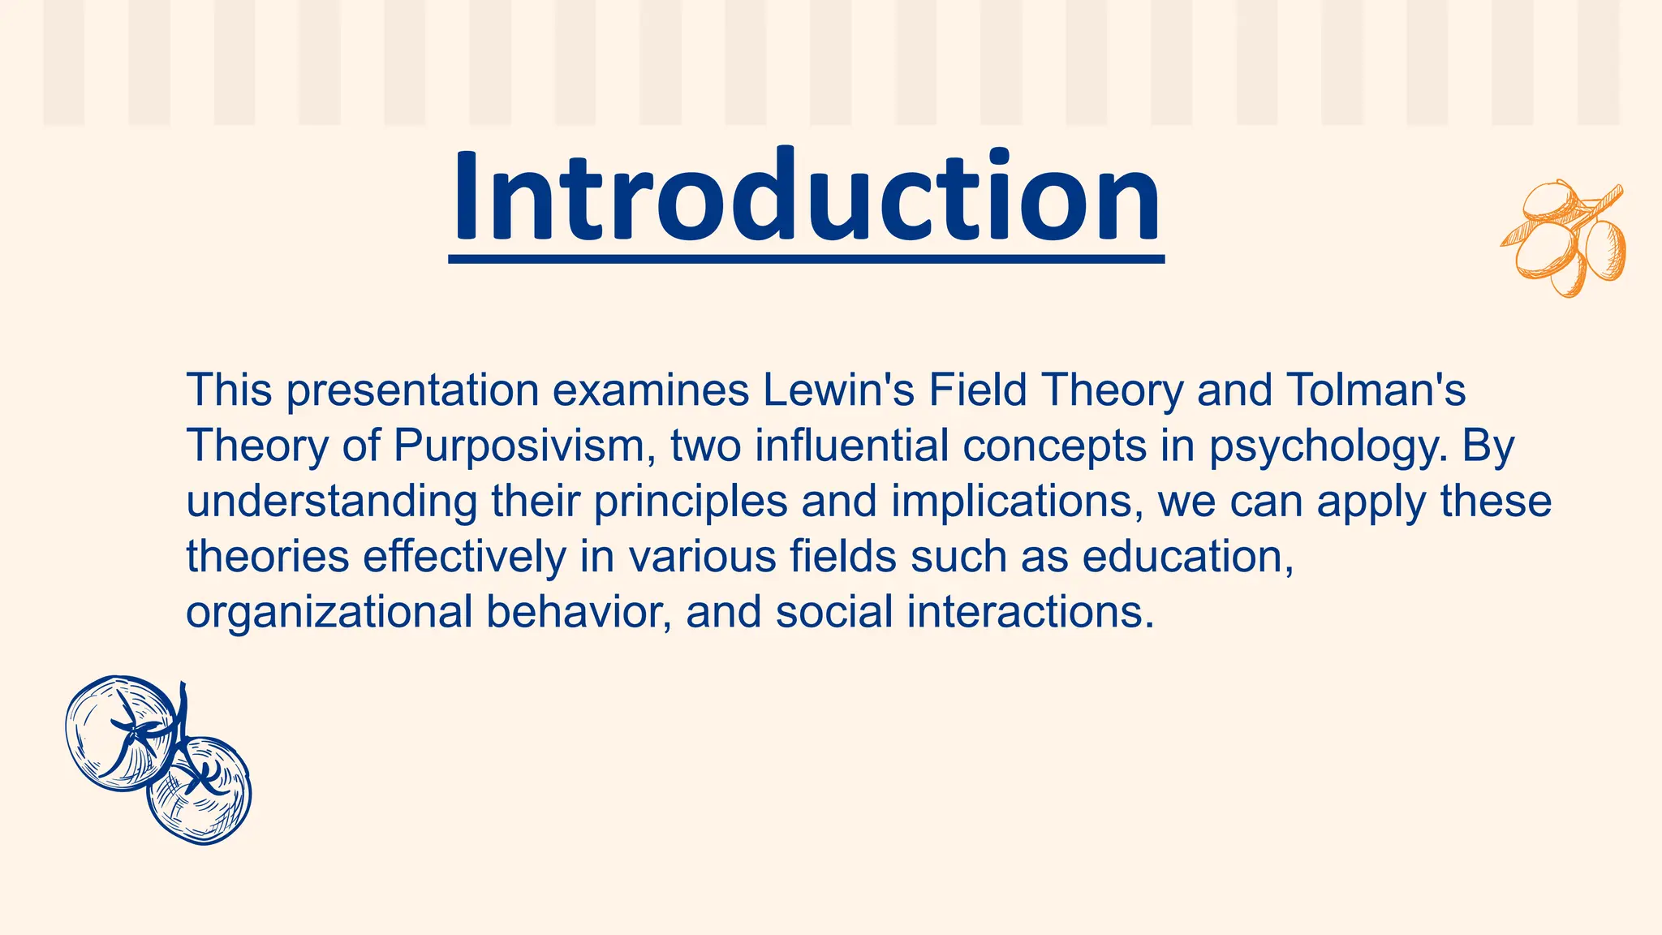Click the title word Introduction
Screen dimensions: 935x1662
[x=806, y=196]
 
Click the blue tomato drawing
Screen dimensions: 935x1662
[x=158, y=760]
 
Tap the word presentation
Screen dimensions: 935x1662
[x=412, y=391]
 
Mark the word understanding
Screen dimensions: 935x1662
[x=332, y=502]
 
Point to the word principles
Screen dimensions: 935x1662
[x=691, y=502]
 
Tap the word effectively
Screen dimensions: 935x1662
[x=464, y=557]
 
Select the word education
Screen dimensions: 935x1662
[x=1188, y=557]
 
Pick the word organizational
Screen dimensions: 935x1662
[x=329, y=613]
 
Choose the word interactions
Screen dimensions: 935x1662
[x=1030, y=611]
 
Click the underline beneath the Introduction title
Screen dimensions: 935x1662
[x=806, y=259]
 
